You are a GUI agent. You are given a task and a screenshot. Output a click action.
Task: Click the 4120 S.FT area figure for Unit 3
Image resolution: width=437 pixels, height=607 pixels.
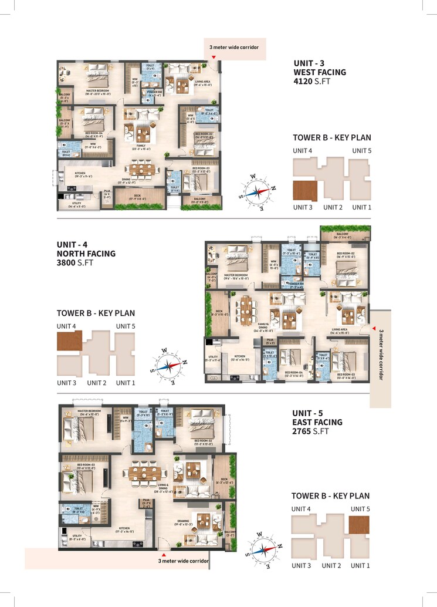point(312,82)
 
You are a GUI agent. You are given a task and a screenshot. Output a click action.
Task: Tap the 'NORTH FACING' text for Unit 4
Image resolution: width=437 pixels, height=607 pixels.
point(86,254)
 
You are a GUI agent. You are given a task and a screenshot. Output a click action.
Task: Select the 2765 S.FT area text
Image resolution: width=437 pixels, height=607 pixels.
point(313,431)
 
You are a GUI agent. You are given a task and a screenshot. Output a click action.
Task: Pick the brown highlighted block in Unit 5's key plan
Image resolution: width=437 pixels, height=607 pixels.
point(359,524)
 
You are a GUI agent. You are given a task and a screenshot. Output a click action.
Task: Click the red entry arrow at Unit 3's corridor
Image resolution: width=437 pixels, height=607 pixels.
point(214,57)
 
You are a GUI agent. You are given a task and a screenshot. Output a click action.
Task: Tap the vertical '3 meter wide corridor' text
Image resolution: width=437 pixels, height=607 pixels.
point(381,355)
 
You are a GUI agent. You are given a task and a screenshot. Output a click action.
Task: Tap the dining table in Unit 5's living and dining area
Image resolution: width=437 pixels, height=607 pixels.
point(145,472)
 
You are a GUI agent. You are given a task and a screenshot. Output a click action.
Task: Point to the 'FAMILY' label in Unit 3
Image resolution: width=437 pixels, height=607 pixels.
point(141,146)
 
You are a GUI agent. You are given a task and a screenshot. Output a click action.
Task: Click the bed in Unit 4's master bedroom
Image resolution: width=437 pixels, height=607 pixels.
point(237,257)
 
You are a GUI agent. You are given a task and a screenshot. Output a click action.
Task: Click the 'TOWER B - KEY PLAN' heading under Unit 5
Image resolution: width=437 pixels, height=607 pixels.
point(330,495)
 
